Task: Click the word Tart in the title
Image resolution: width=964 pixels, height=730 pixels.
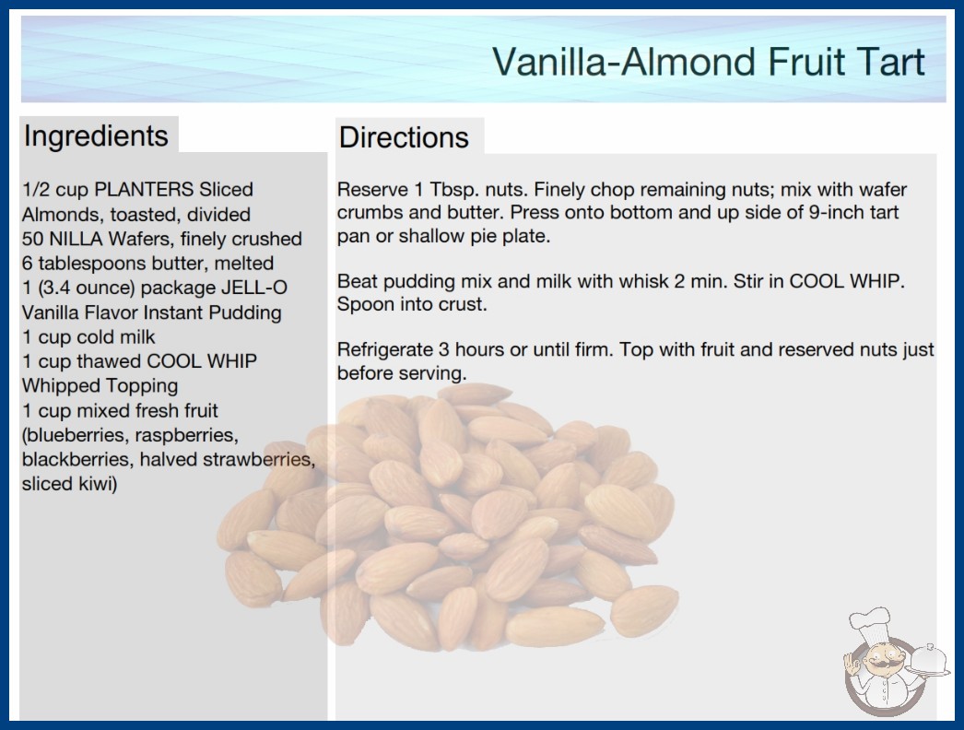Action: click(886, 62)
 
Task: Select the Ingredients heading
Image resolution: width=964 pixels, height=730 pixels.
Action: click(96, 135)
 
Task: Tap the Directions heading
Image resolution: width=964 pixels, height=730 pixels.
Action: click(404, 137)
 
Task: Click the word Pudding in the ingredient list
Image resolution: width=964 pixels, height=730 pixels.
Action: click(245, 313)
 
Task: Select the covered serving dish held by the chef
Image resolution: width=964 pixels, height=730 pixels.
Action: click(929, 660)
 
